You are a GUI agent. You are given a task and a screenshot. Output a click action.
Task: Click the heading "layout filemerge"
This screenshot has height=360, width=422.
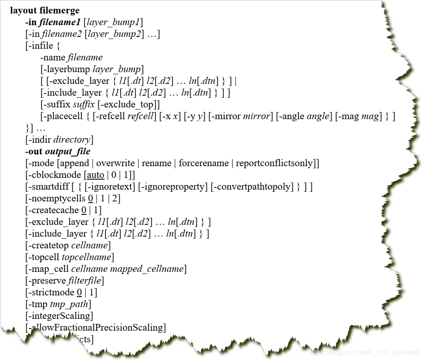tap(45, 10)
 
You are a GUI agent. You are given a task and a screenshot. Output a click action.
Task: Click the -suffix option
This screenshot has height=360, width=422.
tap(55, 104)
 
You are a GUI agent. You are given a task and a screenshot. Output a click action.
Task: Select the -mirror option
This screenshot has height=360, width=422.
tap(227, 116)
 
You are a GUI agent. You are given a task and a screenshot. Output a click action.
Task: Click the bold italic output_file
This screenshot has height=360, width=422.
tap(68, 151)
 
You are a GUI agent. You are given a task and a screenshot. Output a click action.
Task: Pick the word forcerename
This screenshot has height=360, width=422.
tap(203, 163)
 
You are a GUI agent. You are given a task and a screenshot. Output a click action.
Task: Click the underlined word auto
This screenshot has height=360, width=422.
tap(96, 175)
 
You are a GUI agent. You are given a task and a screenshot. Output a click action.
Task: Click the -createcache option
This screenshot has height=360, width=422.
tap(54, 210)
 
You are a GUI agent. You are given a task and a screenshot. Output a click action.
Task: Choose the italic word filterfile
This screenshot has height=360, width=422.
tap(84, 280)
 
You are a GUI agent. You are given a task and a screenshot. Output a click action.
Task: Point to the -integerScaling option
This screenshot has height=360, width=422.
tap(59, 316)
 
